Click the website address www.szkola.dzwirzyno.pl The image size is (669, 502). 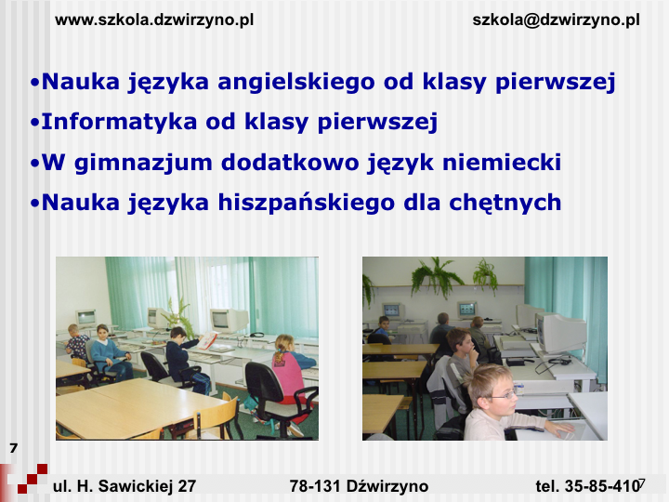(x=154, y=20)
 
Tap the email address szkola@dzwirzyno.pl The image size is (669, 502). (x=556, y=20)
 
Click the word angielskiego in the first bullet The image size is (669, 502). (x=295, y=82)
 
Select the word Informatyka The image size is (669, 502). (x=119, y=122)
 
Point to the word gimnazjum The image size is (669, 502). (x=143, y=163)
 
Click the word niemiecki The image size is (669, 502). (x=502, y=162)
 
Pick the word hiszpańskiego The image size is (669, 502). (x=306, y=203)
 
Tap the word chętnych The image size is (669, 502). (x=505, y=203)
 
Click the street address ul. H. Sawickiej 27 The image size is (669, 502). (x=125, y=486)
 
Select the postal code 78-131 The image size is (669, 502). (x=315, y=486)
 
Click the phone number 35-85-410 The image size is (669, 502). (x=602, y=486)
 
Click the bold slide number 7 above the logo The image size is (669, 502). (x=13, y=448)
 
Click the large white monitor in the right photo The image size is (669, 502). (x=560, y=332)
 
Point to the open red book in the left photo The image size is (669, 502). (x=209, y=340)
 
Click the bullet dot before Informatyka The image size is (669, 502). (x=34, y=123)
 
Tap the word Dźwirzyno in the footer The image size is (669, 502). (x=387, y=486)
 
